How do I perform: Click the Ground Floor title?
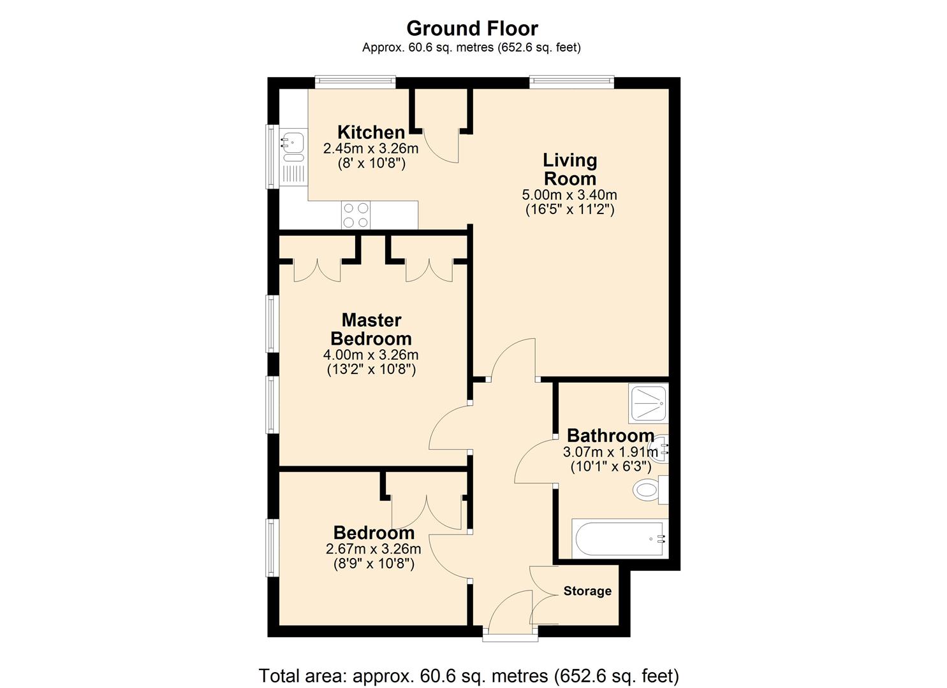click(472, 29)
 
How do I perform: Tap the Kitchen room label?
click(371, 133)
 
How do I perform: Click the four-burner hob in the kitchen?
click(356, 215)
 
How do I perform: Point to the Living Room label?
click(569, 169)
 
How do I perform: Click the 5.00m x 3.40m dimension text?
click(569, 195)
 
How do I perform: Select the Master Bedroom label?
click(371, 329)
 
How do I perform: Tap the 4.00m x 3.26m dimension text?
click(371, 355)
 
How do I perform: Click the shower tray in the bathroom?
click(649, 404)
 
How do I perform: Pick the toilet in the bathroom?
click(647, 491)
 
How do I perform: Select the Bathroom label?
click(610, 436)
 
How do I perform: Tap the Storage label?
click(587, 591)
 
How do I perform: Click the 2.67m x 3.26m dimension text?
click(373, 548)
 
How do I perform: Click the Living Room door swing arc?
click(513, 360)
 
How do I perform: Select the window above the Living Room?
click(571, 82)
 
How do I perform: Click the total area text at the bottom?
click(469, 675)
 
